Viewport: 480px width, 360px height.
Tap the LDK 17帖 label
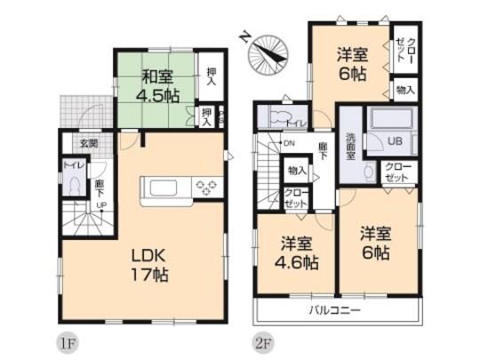click(x=145, y=264)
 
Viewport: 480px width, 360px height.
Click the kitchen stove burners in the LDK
click(x=206, y=188)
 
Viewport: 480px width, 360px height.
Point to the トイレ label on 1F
click(x=68, y=166)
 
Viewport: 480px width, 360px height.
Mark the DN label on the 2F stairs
click(x=289, y=143)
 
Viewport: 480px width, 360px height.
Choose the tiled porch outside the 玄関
click(x=77, y=109)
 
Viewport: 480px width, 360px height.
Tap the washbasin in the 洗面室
click(x=368, y=169)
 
